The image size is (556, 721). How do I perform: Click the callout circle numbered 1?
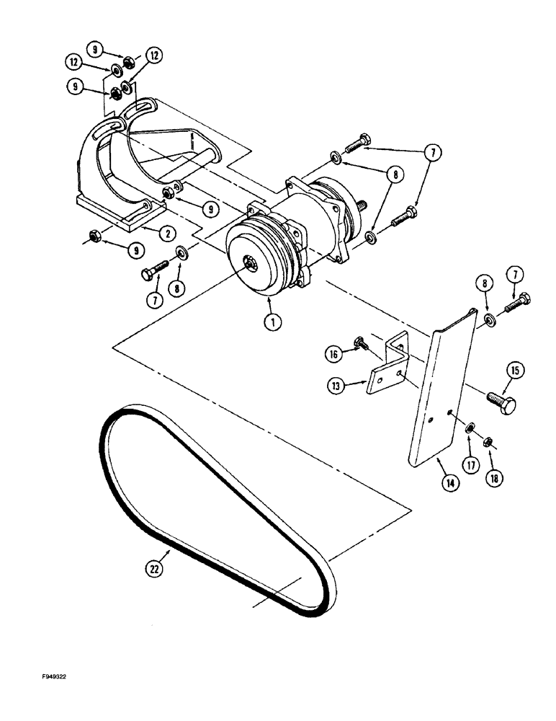tap(272, 323)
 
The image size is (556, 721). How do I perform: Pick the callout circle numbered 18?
tap(496, 477)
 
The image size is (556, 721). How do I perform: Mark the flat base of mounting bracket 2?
tap(115, 213)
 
